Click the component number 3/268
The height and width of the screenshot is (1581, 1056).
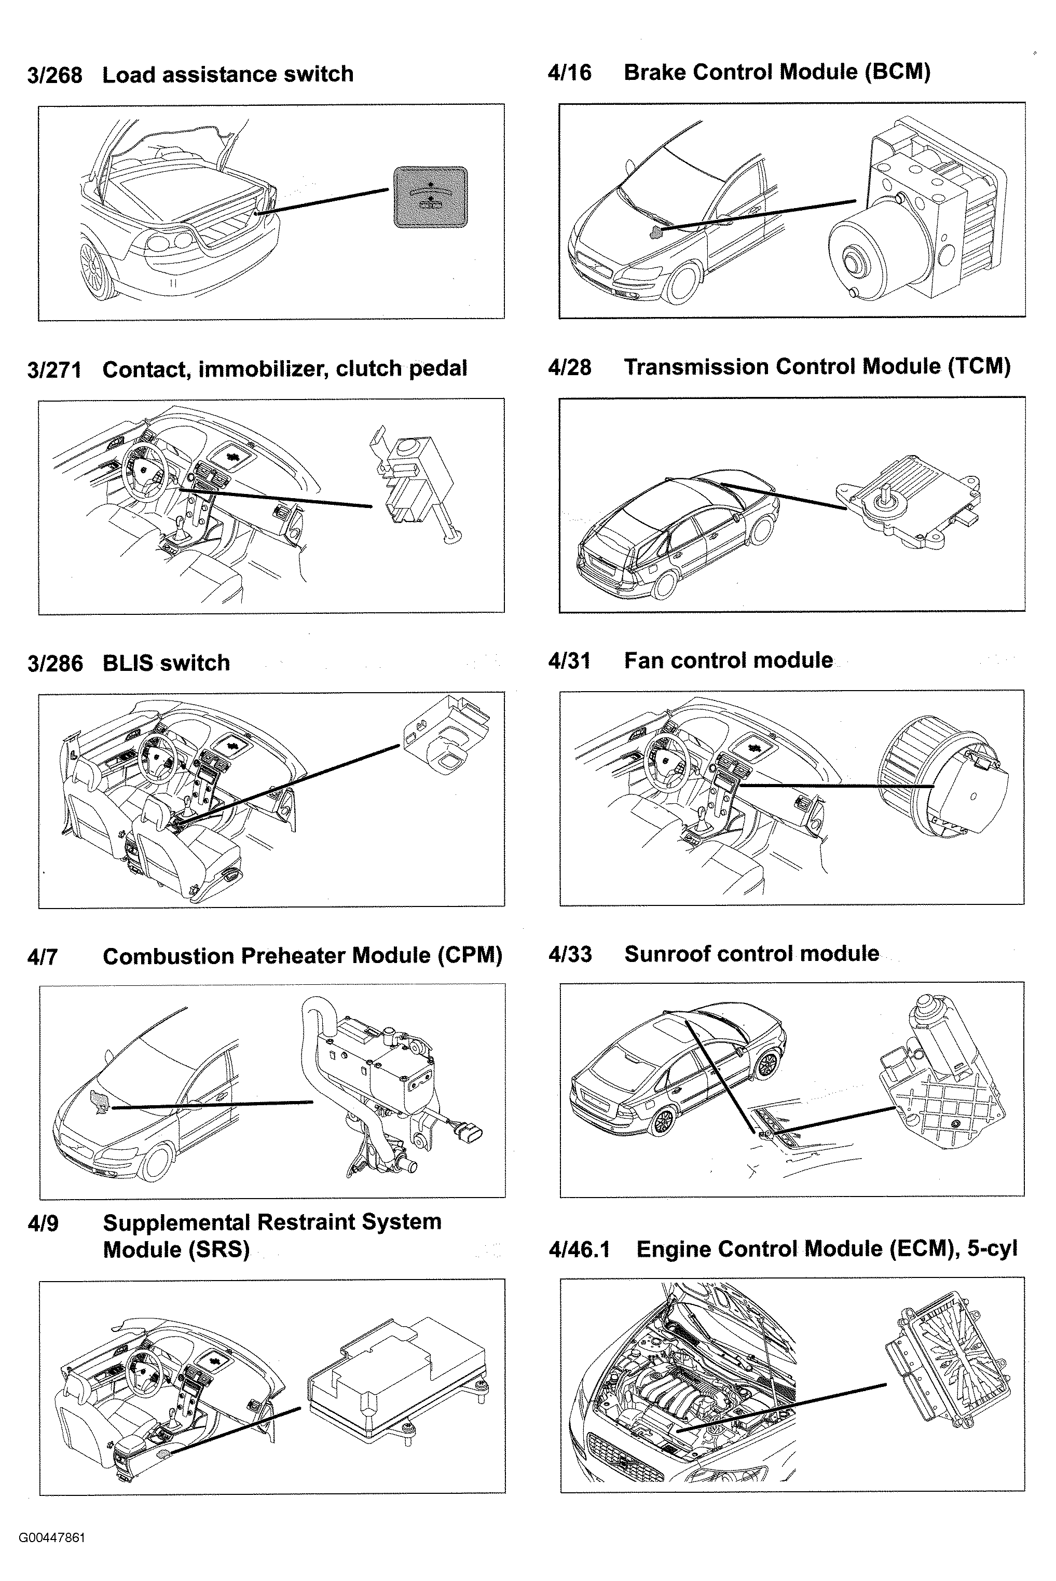54,75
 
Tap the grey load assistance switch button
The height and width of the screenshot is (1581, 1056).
430,197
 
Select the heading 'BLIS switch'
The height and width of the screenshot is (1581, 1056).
166,663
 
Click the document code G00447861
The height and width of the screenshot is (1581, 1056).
52,1538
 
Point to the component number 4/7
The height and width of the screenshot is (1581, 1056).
43,957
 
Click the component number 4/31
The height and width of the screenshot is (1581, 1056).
569,661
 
